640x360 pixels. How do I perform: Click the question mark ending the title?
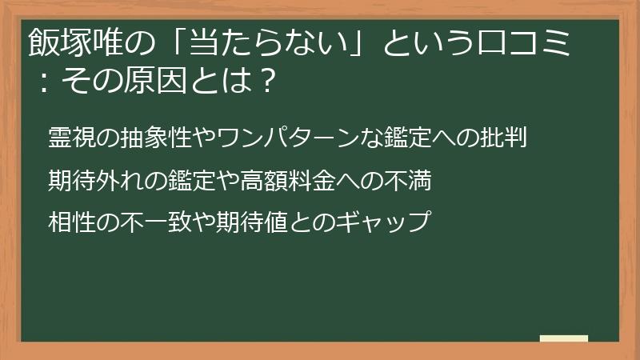pyautogui.click(x=270, y=80)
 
